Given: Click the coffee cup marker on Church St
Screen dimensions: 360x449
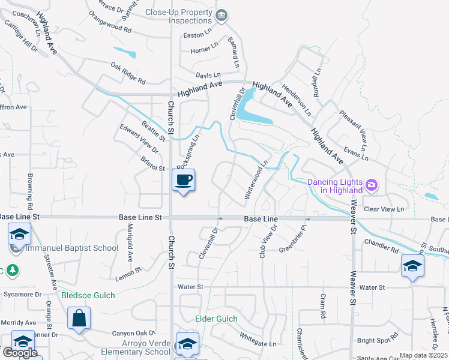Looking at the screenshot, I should (184, 180).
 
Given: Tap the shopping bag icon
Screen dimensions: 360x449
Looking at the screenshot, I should (79, 318).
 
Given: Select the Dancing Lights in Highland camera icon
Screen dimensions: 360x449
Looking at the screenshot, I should (372, 185).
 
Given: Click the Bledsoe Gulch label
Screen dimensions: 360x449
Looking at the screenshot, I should (88, 295).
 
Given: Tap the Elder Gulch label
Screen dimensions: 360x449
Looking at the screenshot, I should (216, 319).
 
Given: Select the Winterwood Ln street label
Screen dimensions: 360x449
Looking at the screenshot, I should (256, 179).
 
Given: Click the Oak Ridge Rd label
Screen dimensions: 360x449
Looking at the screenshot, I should (128, 72).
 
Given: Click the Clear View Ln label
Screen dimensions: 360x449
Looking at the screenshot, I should (384, 209).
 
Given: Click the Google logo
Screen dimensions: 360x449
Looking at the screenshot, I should (20, 353).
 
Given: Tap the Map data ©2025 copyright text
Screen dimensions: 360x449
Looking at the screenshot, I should (423, 355).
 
